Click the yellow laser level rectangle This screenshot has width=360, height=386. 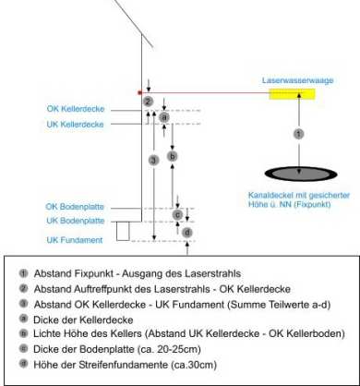(292, 94)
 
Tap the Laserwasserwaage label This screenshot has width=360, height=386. (297, 80)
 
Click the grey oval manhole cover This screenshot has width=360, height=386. (301, 174)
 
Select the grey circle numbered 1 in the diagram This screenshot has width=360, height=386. (298, 134)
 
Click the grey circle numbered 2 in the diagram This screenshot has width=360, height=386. (148, 102)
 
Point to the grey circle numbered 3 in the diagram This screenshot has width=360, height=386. (153, 160)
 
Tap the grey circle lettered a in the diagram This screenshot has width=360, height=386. (164, 117)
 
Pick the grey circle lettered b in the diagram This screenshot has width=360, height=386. (173, 156)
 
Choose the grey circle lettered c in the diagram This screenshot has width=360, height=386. (177, 214)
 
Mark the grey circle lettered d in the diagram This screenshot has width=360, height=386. (187, 233)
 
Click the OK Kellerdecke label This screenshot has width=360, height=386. (76, 109)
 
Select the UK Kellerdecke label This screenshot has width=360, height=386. (76, 125)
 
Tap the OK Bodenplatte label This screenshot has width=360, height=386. (75, 207)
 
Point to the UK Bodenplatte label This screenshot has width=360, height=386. (76, 221)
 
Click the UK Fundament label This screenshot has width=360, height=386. (75, 240)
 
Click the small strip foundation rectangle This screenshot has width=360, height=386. (123, 231)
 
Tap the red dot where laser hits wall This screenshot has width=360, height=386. (139, 92)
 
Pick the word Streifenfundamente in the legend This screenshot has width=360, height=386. (124, 365)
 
